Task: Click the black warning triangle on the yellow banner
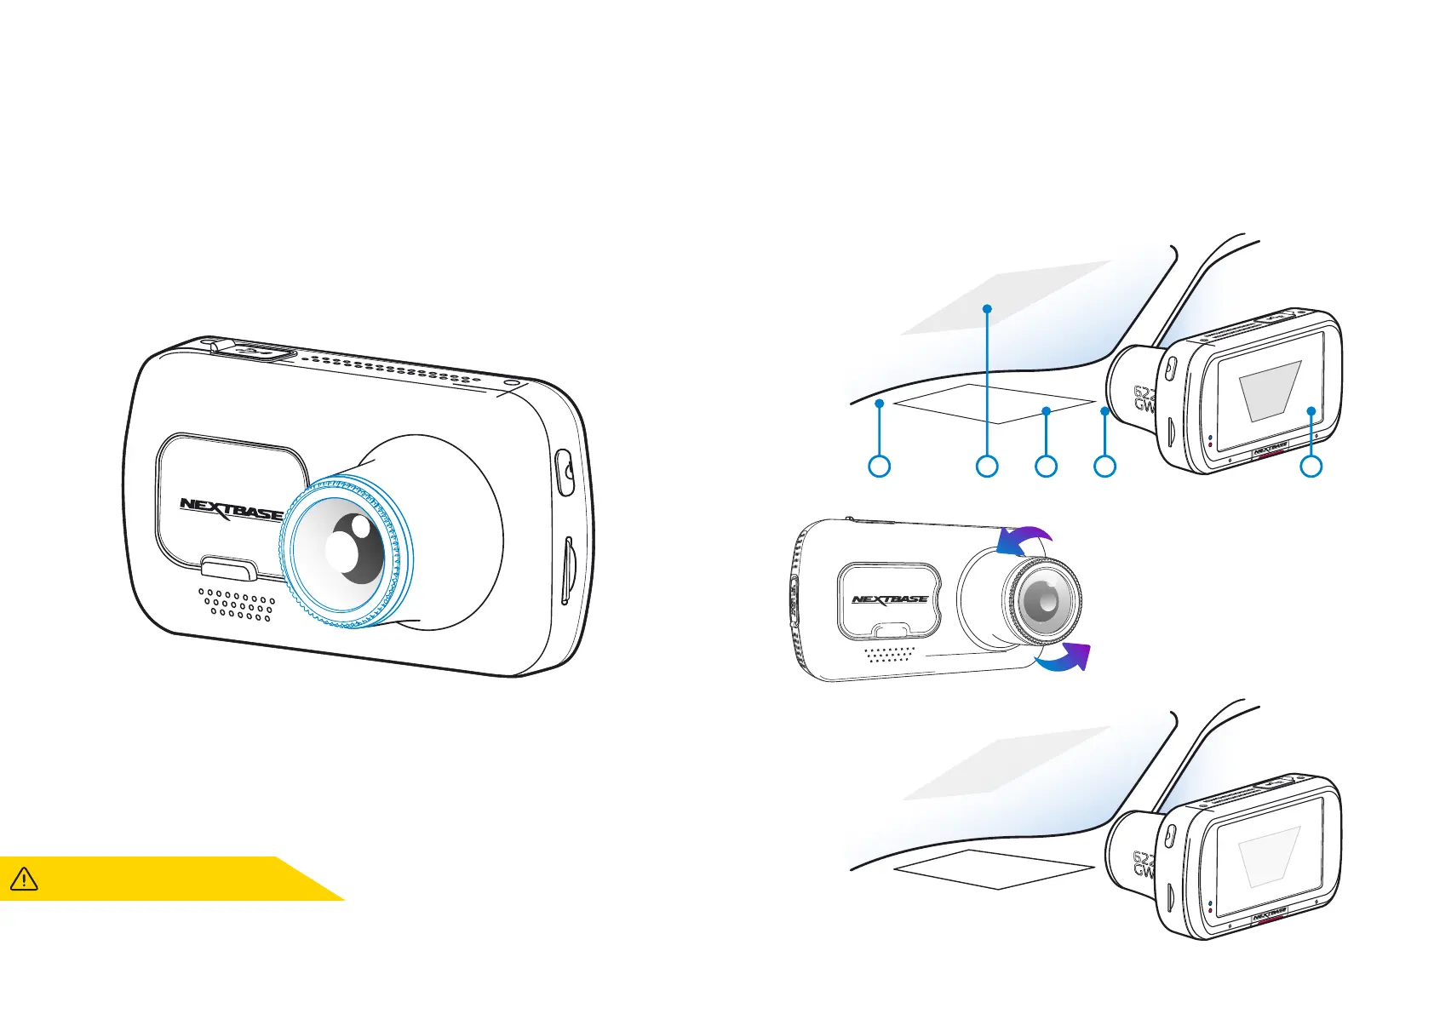pos(24,878)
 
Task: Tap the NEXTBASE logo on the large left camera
pos(231,510)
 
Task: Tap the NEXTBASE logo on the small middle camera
pos(890,599)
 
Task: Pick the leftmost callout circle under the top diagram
pos(879,466)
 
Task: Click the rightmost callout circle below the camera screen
pos(1311,466)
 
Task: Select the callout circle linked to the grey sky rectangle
pos(987,466)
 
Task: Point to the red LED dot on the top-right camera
pos(1210,444)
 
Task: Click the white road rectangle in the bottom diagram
pos(993,868)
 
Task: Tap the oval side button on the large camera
pos(564,473)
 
